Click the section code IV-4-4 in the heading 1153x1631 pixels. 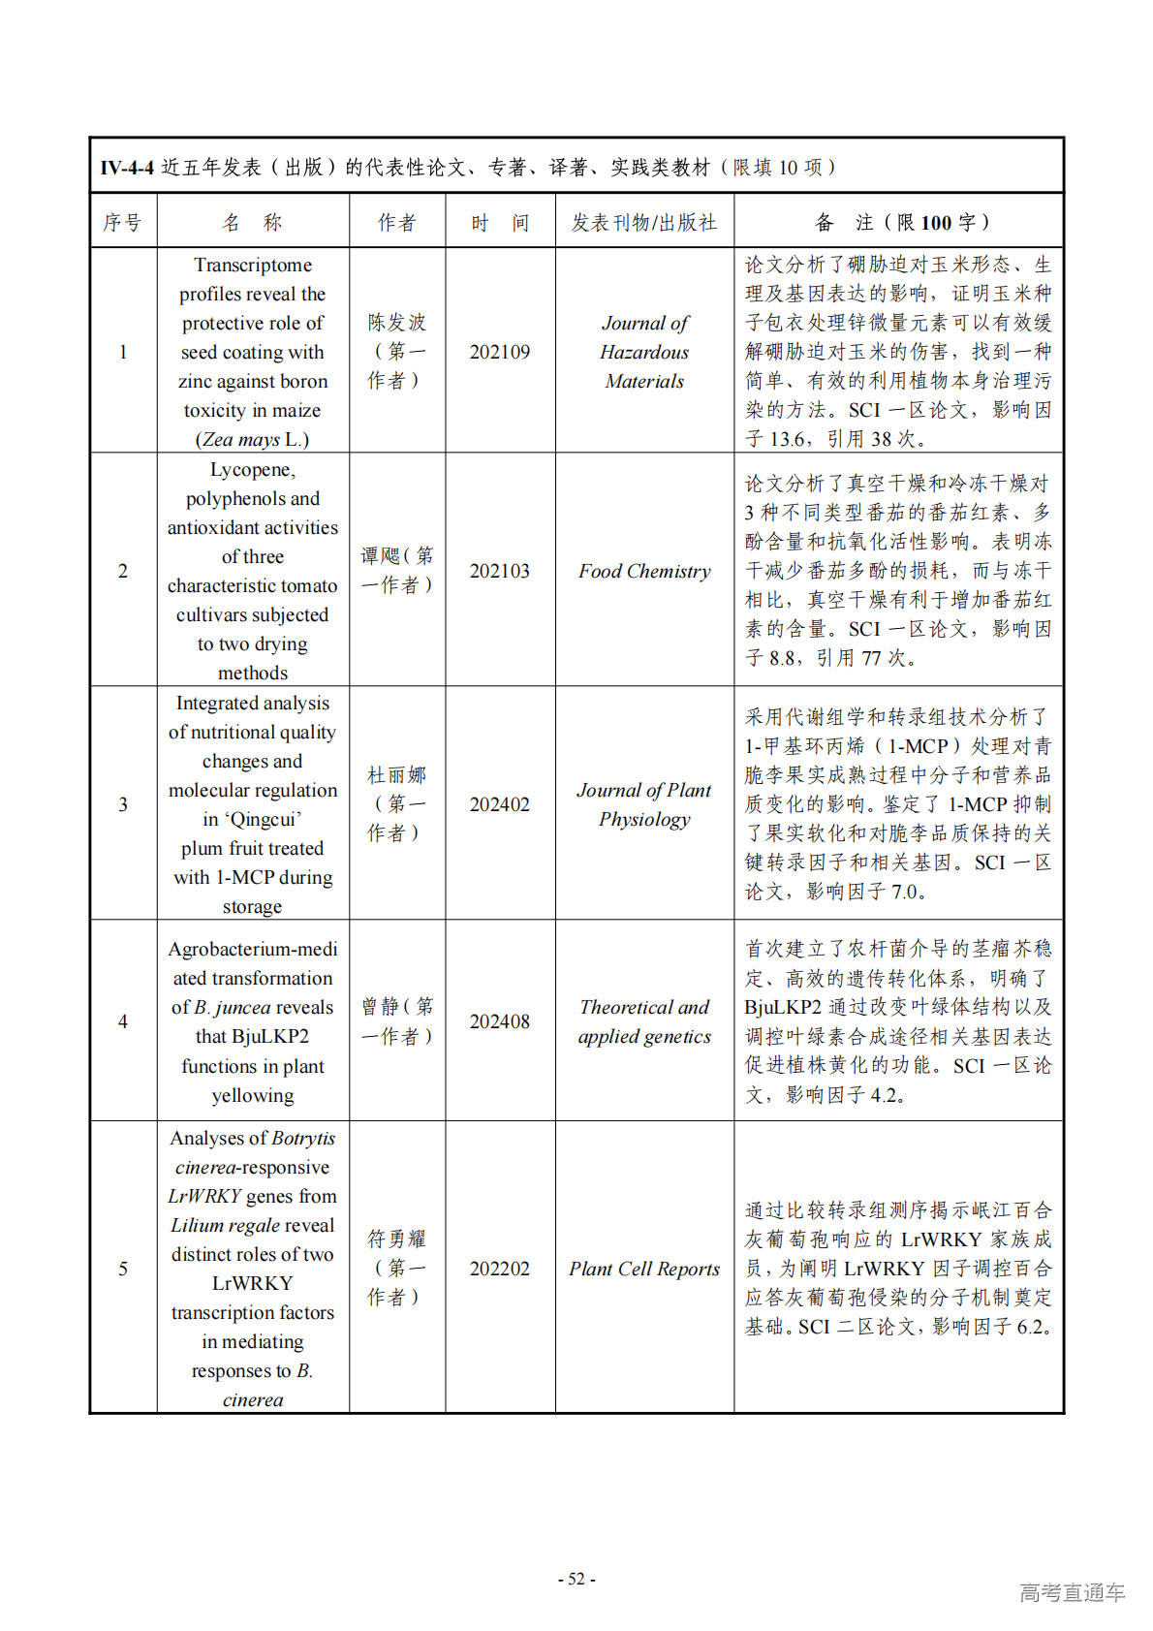(127, 168)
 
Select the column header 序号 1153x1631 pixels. (122, 223)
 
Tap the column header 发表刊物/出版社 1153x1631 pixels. (643, 223)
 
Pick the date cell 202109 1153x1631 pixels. (500, 352)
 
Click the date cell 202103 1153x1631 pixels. (500, 571)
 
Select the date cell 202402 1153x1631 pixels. (500, 804)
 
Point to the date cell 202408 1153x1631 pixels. (500, 1021)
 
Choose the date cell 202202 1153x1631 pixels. (500, 1269)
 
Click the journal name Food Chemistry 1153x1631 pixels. (644, 571)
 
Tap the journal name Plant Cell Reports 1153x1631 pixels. (644, 1269)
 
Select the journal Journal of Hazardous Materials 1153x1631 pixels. (644, 352)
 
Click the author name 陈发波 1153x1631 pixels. (396, 323)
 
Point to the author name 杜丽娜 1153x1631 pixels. (396, 775)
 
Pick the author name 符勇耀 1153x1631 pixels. (396, 1239)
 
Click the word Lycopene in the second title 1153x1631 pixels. (251, 470)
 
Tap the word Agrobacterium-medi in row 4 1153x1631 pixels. (253, 949)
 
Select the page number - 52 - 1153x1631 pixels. (576, 1579)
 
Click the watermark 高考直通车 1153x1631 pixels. (1072, 1592)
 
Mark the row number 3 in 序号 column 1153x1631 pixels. (123, 804)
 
